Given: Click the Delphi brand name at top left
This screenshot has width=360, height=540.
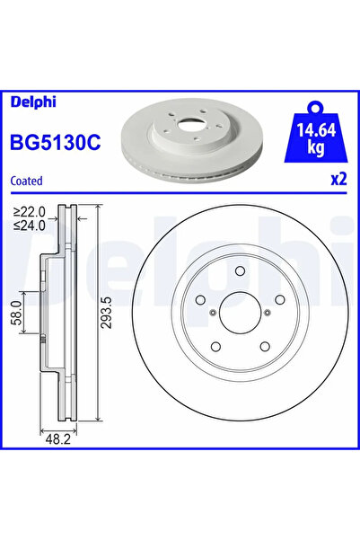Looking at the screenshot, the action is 33,102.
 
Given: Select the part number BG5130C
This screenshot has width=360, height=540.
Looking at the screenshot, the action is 56,142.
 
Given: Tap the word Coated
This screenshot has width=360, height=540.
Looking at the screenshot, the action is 27,181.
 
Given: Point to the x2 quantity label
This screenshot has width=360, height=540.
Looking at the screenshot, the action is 338,179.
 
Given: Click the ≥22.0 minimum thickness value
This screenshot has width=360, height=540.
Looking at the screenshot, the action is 30,211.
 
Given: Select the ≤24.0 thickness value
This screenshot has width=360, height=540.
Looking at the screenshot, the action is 30,226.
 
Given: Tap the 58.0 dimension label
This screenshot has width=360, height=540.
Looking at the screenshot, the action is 16,312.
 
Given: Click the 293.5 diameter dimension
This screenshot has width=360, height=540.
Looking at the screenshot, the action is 108,313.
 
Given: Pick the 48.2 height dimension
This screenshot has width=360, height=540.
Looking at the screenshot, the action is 57,439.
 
